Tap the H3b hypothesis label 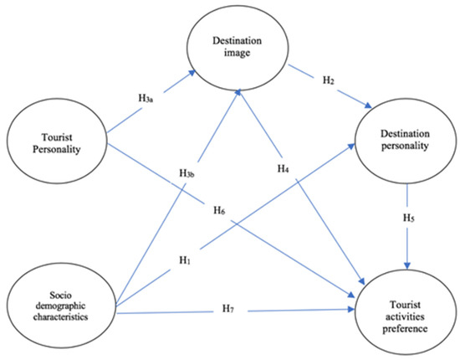pos(187,173)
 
